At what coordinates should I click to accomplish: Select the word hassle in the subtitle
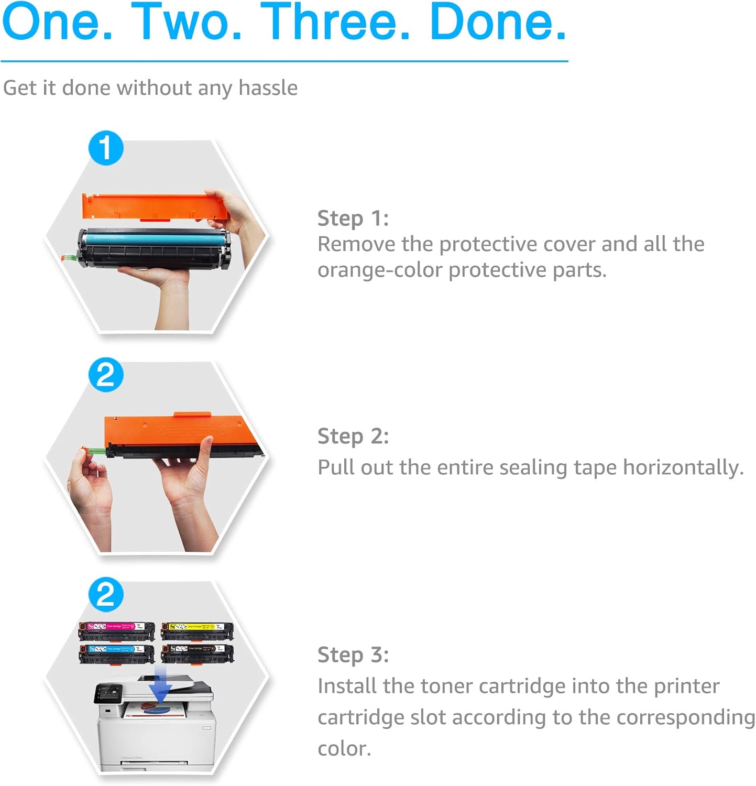coord(268,88)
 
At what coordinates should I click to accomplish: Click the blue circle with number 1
coord(106,148)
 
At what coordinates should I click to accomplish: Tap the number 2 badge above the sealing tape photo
coord(106,375)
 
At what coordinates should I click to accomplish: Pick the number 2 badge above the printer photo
coord(106,595)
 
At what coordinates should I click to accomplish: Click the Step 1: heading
coord(353,218)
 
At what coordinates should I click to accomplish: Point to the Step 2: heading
coord(353,436)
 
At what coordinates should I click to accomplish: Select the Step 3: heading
coord(353,654)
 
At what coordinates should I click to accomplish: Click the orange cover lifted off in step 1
coord(155,207)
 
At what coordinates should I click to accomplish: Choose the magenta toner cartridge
coord(116,631)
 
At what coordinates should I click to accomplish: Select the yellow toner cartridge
coord(197,631)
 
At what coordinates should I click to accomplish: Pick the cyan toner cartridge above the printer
coord(116,653)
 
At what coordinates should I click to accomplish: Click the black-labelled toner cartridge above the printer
coord(197,653)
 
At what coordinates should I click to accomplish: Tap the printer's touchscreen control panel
coord(108,694)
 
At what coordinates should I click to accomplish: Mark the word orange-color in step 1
coord(380,270)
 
